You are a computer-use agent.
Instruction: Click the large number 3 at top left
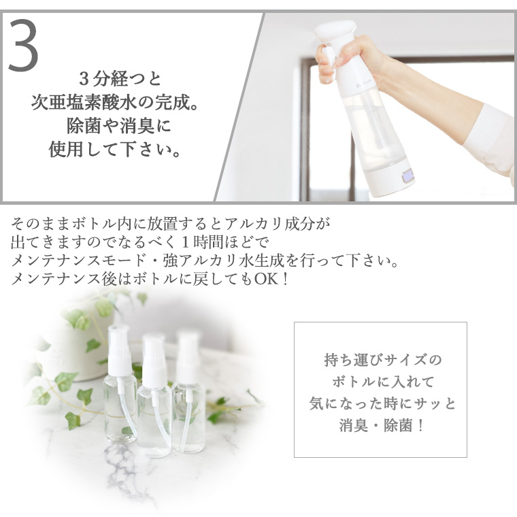pos(23,45)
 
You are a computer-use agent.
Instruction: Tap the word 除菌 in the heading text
pos(84,126)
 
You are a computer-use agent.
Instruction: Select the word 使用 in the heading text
pos(65,149)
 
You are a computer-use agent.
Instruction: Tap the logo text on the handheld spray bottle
pos(365,83)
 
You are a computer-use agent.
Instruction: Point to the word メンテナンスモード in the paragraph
pos(78,261)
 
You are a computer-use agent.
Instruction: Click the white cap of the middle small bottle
pos(154,359)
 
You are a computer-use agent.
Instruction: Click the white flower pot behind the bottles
pos(82,346)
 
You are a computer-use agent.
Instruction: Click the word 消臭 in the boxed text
pos(354,426)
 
